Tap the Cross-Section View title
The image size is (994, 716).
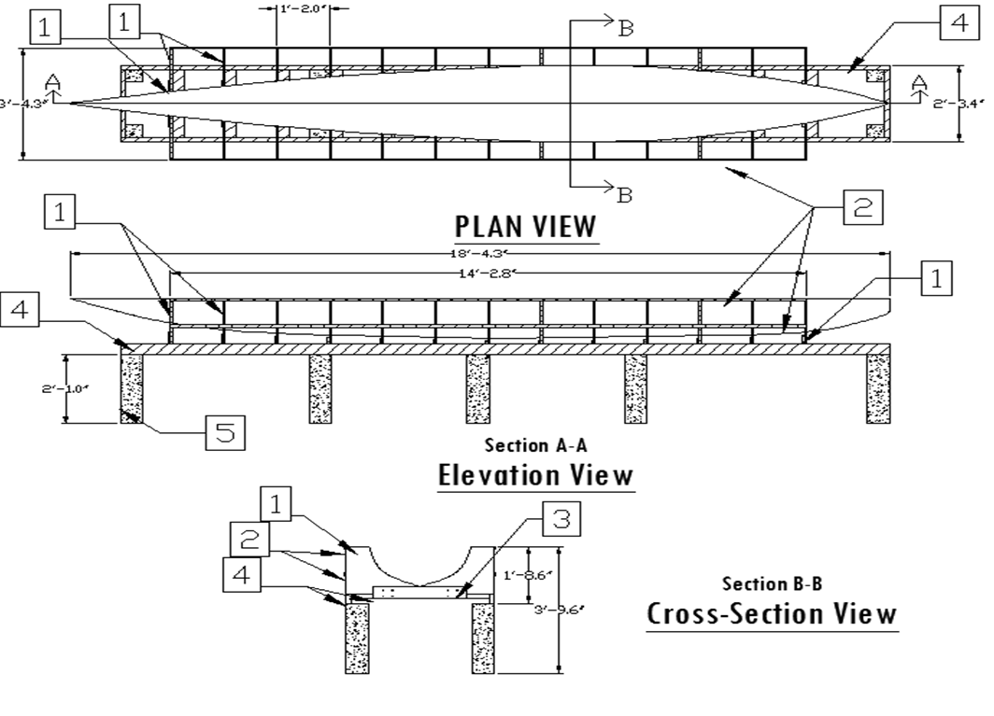(772, 614)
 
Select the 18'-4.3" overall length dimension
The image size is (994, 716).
(478, 253)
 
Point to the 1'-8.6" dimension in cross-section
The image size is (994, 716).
(518, 576)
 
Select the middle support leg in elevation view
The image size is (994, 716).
(478, 387)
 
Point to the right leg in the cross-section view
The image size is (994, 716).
(483, 638)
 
